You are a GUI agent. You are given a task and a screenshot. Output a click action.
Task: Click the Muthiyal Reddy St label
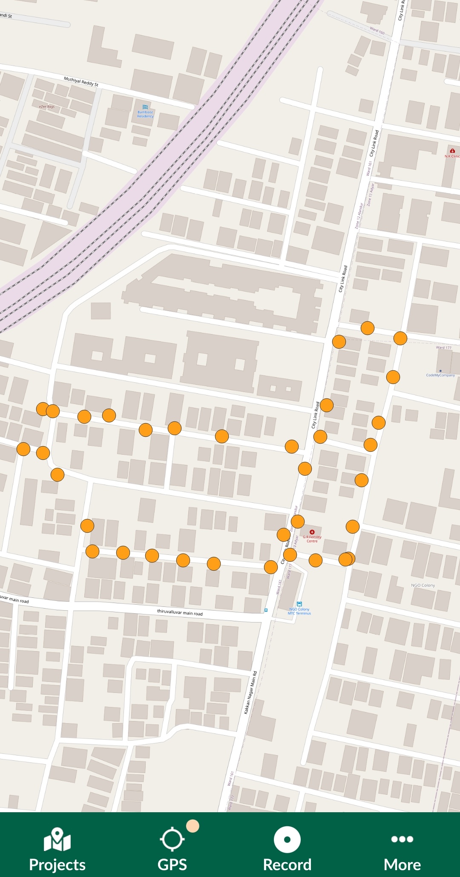tap(81, 81)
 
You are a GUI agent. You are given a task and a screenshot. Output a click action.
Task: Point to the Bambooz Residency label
tap(145, 114)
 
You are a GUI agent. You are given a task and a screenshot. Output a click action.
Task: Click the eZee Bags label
tap(47, 107)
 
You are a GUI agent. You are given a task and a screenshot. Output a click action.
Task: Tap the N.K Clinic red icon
tap(452, 151)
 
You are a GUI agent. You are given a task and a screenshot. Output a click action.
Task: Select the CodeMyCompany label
tap(440, 375)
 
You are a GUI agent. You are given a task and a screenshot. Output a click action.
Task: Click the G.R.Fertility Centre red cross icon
tap(312, 532)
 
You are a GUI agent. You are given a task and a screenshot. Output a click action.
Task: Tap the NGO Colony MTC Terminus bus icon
tap(299, 604)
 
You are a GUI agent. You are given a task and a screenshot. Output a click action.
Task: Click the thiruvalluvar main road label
tap(180, 612)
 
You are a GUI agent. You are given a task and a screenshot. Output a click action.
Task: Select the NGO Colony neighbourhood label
tap(423, 586)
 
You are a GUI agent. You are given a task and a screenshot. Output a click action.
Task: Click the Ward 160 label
tap(377, 31)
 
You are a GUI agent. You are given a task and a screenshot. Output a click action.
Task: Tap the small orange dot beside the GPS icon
tap(193, 826)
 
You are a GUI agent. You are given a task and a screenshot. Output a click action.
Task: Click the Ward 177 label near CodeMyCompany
tap(443, 348)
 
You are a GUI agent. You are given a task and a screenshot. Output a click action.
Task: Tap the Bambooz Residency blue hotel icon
tap(145, 107)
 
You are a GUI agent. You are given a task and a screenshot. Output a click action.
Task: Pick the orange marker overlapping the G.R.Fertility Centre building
tap(298, 521)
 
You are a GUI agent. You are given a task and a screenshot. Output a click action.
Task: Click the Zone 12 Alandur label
tap(360, 216)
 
